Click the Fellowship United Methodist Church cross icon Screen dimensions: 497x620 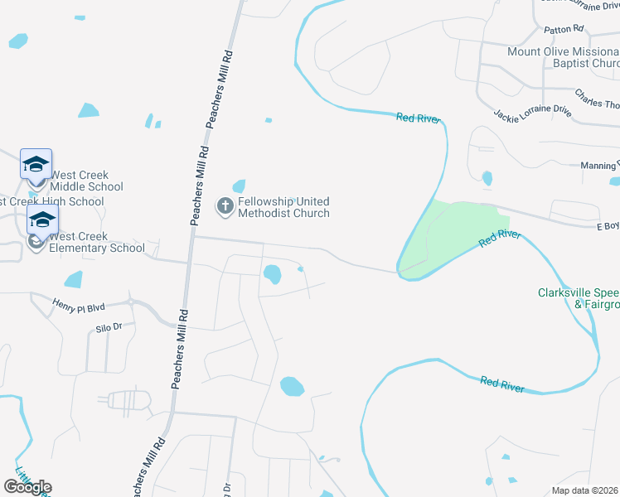225,205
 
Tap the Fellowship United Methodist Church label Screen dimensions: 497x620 283,207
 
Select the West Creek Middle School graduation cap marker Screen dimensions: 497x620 36,165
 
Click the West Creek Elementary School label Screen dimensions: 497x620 97,242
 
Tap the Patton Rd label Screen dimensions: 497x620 564,30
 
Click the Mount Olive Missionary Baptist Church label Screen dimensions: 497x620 564,57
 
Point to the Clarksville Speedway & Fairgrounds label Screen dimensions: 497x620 579,298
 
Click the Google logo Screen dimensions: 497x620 27,487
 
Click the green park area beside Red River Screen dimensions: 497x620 452,232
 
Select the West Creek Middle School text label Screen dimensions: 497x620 86,181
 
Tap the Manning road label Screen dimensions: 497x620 599,166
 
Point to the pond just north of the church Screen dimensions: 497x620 239,186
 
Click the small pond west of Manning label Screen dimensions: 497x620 487,178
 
